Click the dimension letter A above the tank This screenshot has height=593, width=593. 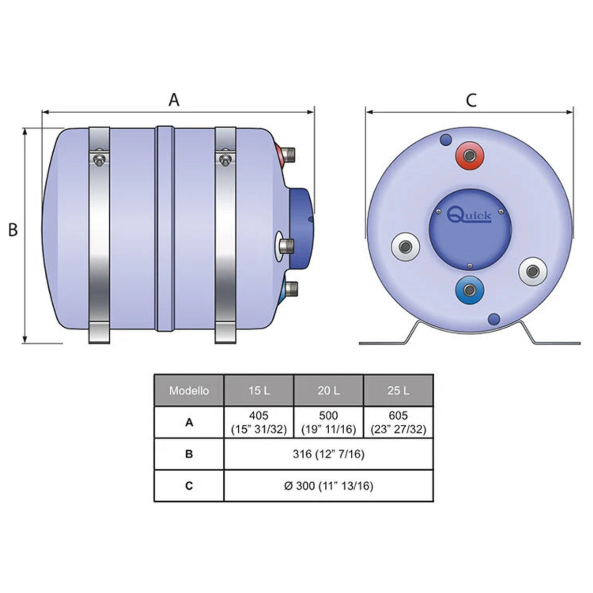pyautogui.click(x=174, y=100)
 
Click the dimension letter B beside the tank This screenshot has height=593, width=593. pyautogui.click(x=13, y=230)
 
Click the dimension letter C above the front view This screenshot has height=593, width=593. pyautogui.click(x=470, y=100)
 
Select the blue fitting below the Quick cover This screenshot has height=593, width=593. pyautogui.click(x=469, y=290)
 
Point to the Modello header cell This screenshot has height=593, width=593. pyautogui.click(x=189, y=391)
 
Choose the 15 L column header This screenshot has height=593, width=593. pyautogui.click(x=258, y=391)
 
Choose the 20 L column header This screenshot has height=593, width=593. pyautogui.click(x=328, y=391)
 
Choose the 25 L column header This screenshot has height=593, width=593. pyautogui.click(x=398, y=391)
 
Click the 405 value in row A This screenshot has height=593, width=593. pyautogui.click(x=258, y=416)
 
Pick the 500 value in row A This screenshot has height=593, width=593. pyautogui.click(x=328, y=416)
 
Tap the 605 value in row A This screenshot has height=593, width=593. pyautogui.click(x=398, y=416)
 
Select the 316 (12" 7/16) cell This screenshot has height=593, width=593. pyautogui.click(x=328, y=454)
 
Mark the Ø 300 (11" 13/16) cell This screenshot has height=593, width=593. pyautogui.click(x=328, y=486)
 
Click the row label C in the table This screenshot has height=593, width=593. pyautogui.click(x=189, y=486)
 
